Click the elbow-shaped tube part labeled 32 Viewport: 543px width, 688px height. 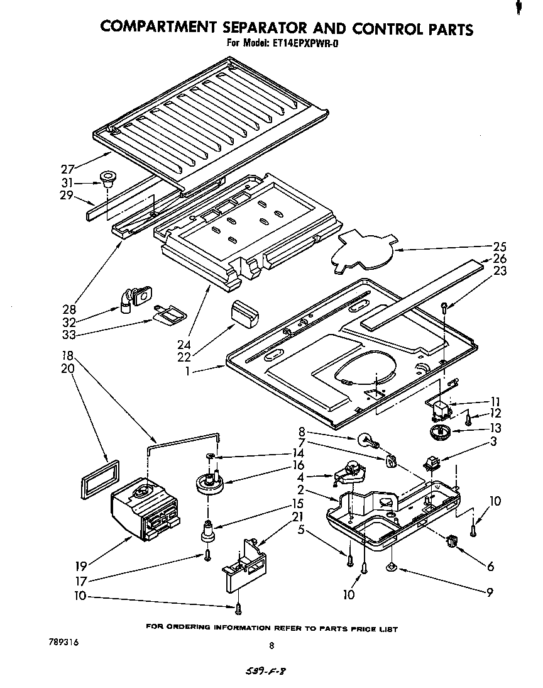tap(129, 297)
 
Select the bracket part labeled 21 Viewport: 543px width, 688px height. tap(244, 563)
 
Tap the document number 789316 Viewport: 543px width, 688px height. tap(63, 643)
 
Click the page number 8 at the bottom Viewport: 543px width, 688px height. tap(271, 645)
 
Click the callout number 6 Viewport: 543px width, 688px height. tap(490, 567)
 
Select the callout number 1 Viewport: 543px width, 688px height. tap(187, 372)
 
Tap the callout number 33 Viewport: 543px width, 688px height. tap(68, 335)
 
